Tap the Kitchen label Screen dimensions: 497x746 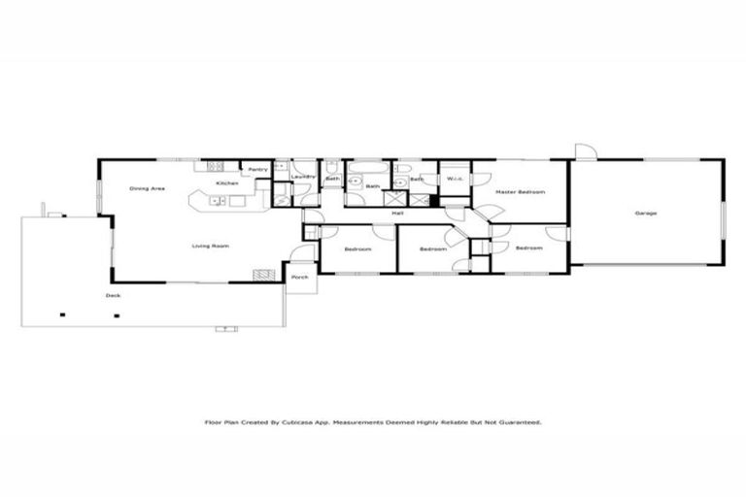coord(227,183)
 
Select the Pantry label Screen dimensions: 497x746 coord(257,170)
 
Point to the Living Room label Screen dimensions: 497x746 coord(211,247)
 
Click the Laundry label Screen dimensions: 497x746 coord(304,177)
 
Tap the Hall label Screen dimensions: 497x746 coord(397,214)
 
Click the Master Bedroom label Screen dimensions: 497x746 coord(520,192)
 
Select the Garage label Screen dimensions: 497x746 coord(646,214)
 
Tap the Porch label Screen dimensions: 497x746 coord(300,277)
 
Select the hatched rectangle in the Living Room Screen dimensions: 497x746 coord(260,276)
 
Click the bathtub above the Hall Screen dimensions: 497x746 coord(368,169)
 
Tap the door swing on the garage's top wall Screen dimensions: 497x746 coord(585,150)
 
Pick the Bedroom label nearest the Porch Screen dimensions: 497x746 coord(358,249)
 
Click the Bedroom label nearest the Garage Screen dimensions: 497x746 coord(528,248)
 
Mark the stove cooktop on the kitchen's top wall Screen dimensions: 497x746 coord(217,166)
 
